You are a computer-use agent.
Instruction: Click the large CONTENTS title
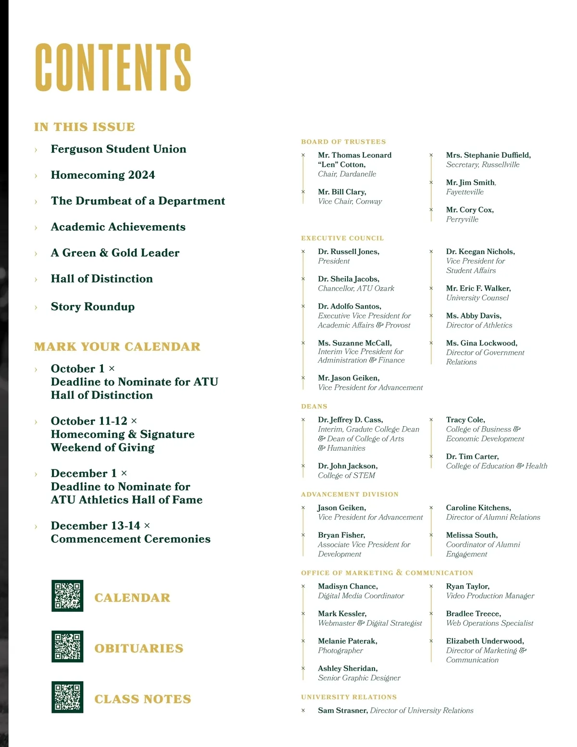(x=113, y=67)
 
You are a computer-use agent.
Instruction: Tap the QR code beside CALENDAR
(x=67, y=596)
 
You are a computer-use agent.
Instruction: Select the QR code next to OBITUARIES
(x=67, y=646)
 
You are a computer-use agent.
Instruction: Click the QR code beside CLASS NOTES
(x=67, y=697)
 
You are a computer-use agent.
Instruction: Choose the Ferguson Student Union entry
(x=118, y=149)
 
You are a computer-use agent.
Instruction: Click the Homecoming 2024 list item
(x=103, y=175)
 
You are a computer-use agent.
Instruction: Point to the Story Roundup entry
(x=93, y=307)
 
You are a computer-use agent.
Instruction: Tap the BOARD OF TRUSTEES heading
(x=343, y=142)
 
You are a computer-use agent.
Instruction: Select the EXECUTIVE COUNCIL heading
(x=342, y=238)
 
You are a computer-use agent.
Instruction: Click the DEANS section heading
(x=314, y=406)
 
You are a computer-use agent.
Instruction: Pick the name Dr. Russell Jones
(x=349, y=252)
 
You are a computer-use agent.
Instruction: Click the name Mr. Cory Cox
(x=470, y=210)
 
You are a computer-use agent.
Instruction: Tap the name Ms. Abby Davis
(x=474, y=316)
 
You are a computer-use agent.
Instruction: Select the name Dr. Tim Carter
(x=472, y=456)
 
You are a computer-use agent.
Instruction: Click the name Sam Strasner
(x=343, y=710)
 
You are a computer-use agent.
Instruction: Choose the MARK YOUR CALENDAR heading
(x=117, y=347)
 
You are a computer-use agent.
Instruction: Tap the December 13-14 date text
(x=95, y=526)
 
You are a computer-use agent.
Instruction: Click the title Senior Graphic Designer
(x=359, y=678)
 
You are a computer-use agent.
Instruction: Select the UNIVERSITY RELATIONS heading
(x=349, y=697)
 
